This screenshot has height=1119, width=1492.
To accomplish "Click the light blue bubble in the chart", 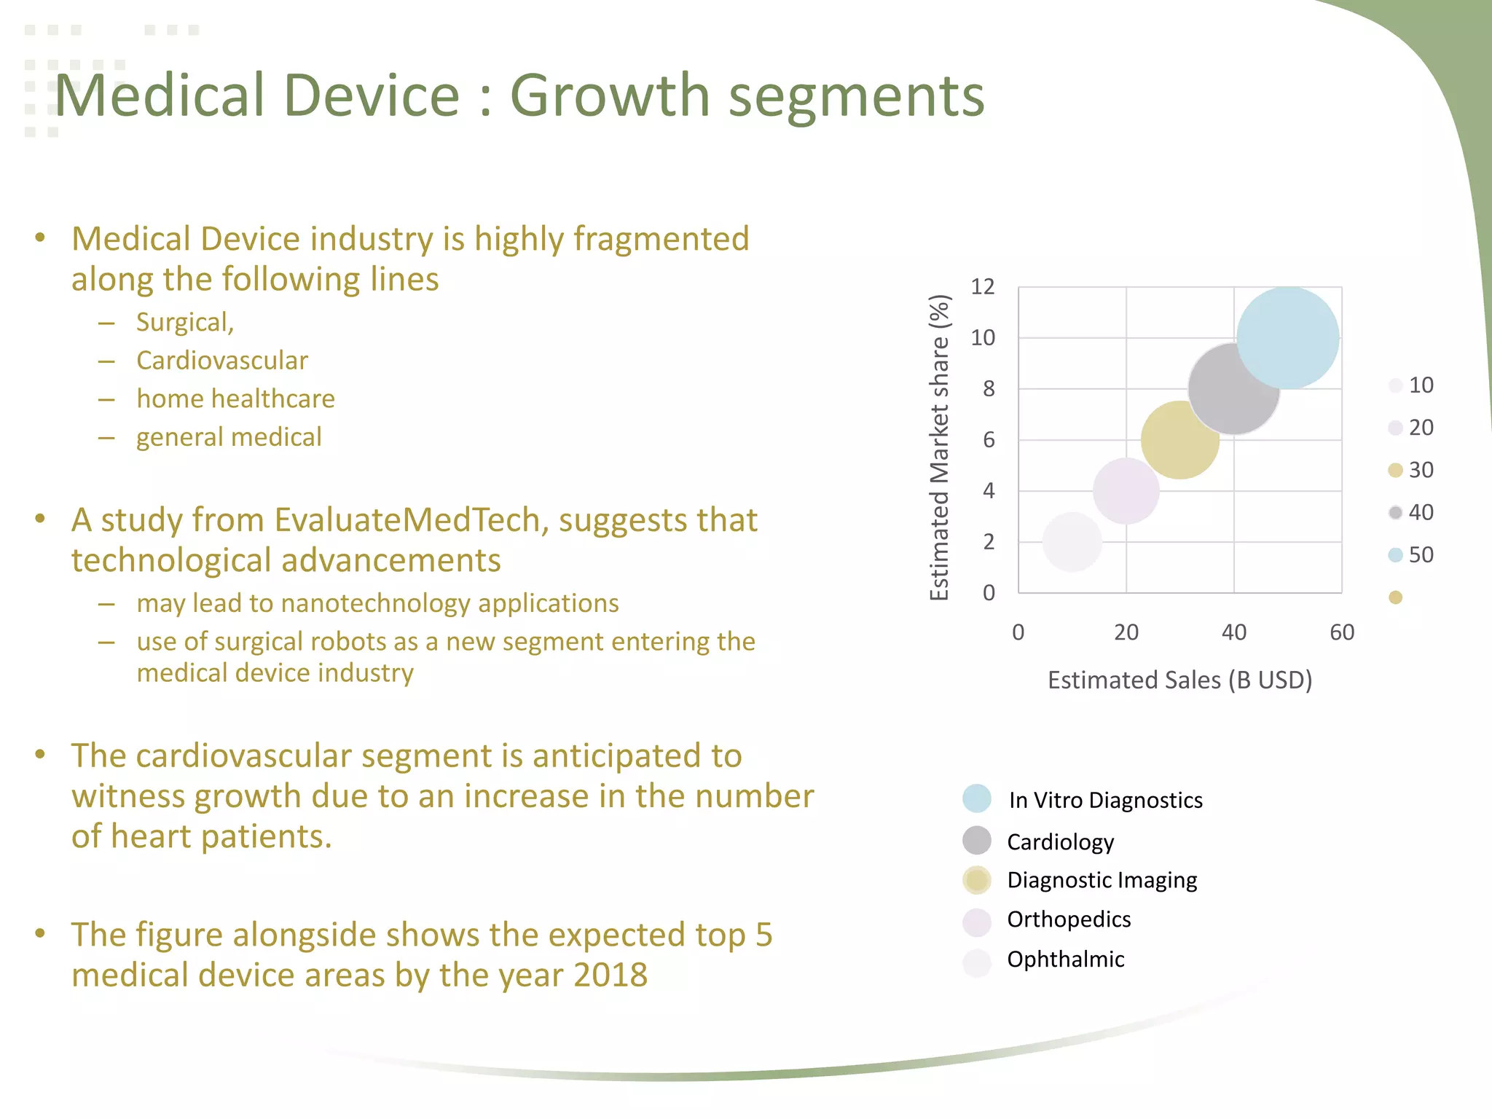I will click(x=1288, y=337).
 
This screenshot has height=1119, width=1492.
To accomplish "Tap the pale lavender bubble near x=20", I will click(x=1126, y=491).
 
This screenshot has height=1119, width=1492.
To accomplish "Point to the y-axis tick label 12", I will click(x=982, y=287).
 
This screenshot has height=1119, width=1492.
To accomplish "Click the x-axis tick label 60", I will click(x=1341, y=632).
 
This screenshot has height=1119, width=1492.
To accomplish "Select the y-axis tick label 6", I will click(x=989, y=440).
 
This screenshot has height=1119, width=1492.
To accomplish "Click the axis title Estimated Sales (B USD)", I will click(x=1179, y=680).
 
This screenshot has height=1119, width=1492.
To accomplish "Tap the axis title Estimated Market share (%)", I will click(x=940, y=447).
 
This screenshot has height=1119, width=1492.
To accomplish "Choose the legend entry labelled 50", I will click(x=1420, y=555).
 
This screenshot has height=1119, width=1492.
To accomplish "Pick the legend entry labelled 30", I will click(x=1420, y=470).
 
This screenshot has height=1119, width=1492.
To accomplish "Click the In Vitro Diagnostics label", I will click(x=1105, y=800).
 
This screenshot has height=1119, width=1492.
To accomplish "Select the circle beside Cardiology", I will click(x=976, y=841).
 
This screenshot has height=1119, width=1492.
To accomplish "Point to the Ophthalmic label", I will click(x=1065, y=959).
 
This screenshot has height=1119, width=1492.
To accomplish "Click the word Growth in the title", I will click(x=609, y=96).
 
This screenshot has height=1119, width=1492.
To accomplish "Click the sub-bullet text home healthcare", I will click(x=235, y=399).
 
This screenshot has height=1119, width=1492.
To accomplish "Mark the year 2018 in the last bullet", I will click(x=610, y=975).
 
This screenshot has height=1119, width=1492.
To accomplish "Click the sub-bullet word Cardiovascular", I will click(x=222, y=361).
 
